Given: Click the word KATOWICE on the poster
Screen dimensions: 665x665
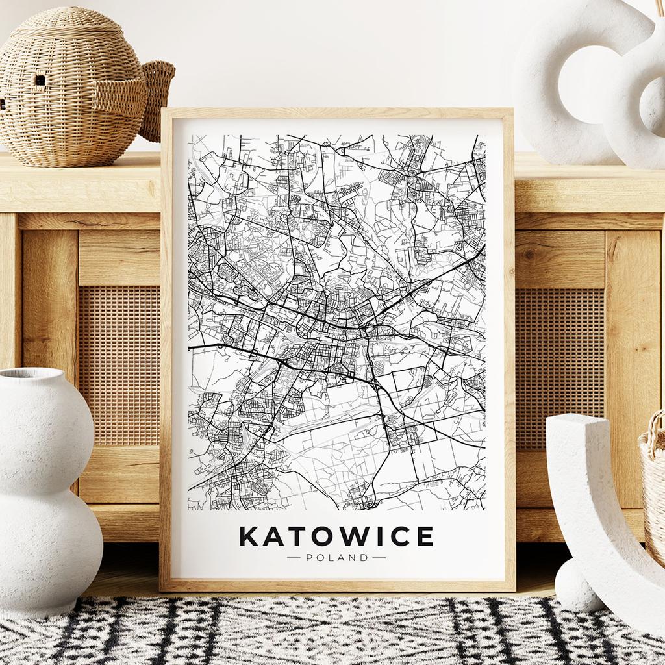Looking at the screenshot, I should [x=336, y=536].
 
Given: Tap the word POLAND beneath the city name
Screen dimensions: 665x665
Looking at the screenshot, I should [x=336, y=557].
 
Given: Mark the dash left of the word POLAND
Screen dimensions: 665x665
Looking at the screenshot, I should [x=294, y=557].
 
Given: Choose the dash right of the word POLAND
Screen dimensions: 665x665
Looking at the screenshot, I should [x=379, y=557].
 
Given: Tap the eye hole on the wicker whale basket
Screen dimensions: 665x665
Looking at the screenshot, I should [x=40, y=80].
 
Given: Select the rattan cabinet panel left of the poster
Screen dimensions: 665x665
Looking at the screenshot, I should [x=119, y=364].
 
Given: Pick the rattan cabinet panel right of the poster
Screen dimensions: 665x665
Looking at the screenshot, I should [x=560, y=364].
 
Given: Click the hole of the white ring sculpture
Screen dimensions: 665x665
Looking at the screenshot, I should [x=588, y=91].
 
